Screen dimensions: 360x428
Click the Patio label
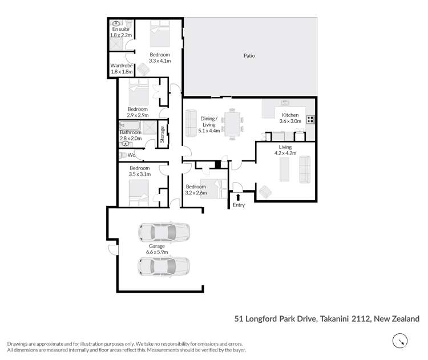[x=249, y=56]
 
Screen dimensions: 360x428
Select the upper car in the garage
[x=164, y=232]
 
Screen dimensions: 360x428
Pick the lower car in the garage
[x=164, y=266]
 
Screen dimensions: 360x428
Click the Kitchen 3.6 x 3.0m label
[x=289, y=118]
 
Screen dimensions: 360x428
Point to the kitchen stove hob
[x=310, y=120]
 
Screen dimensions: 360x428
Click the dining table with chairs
[x=232, y=124]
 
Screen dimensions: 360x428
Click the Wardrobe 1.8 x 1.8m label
[x=122, y=69]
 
